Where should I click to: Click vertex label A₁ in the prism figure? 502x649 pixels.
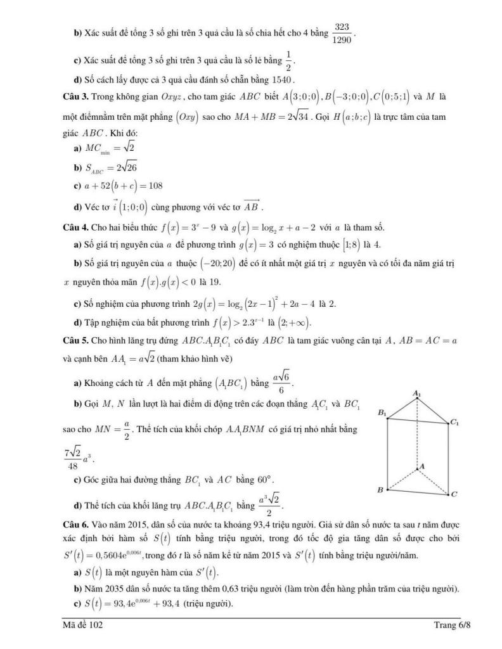(416, 394)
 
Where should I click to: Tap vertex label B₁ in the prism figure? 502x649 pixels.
(382, 413)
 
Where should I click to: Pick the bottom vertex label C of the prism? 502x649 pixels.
(454, 494)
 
